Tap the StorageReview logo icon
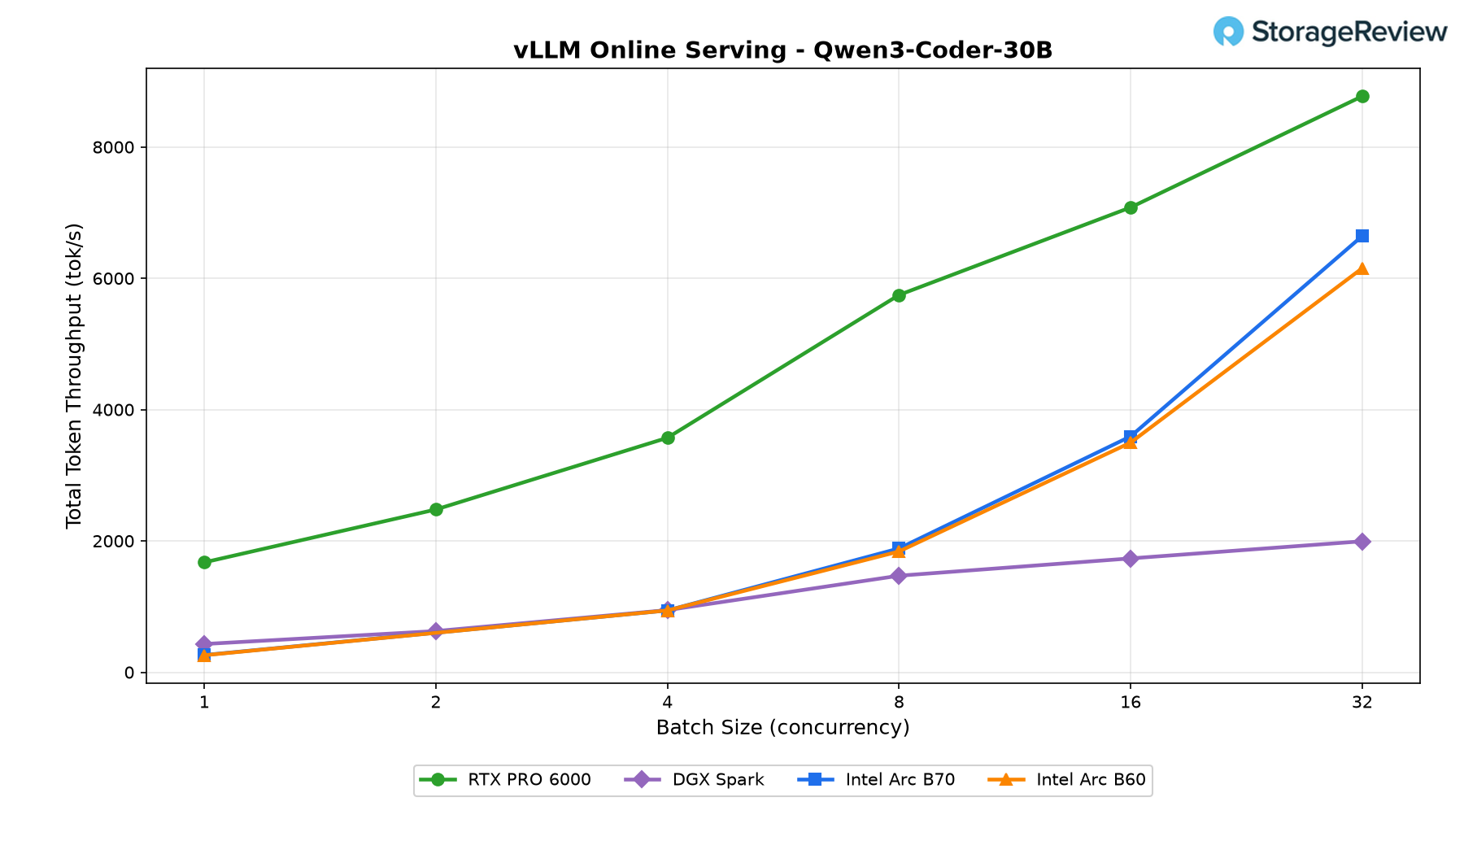click(1228, 32)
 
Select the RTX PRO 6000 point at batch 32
click(1362, 97)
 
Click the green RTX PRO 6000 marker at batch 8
click(899, 295)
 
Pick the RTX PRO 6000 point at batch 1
click(204, 562)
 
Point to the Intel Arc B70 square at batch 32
click(1362, 236)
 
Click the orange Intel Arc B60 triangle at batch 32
click(1362, 268)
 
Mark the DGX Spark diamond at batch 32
click(1362, 542)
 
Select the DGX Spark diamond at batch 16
click(1131, 559)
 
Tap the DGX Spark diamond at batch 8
click(899, 576)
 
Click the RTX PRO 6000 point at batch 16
click(1131, 207)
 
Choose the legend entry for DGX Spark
click(695, 780)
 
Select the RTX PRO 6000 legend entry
click(505, 780)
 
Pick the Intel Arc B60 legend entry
click(1066, 780)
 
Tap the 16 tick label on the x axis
click(1131, 702)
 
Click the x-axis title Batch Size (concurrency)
click(782, 727)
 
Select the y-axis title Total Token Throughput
click(74, 375)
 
